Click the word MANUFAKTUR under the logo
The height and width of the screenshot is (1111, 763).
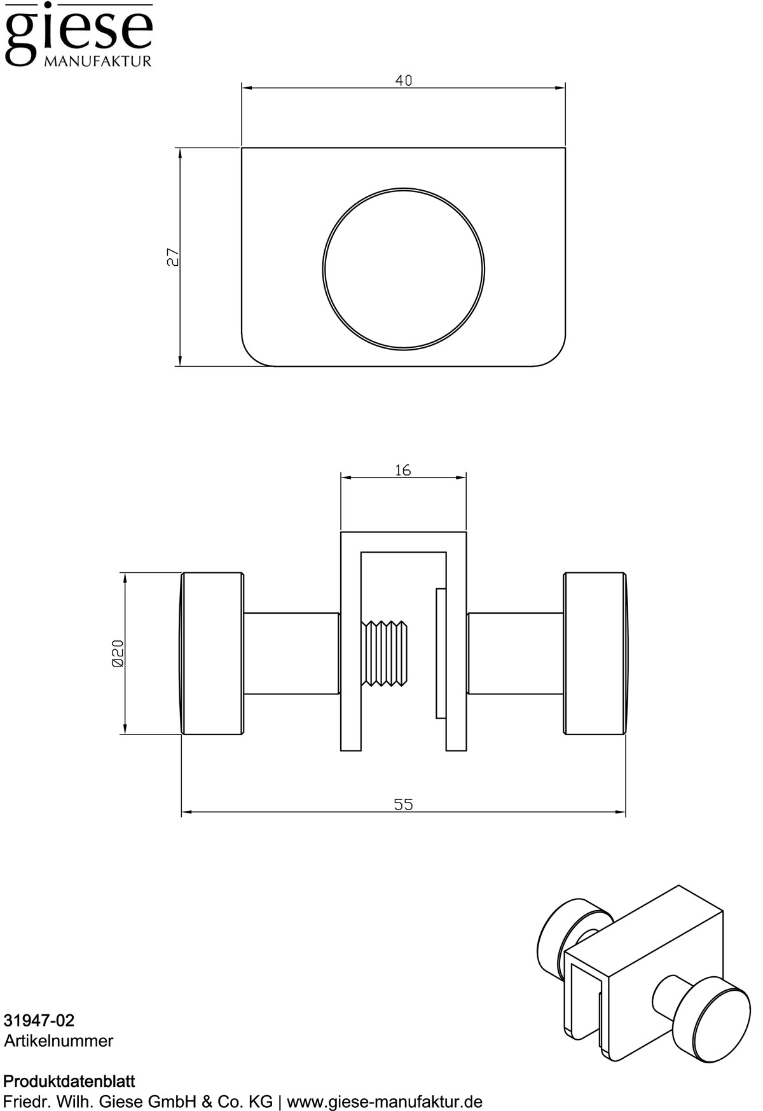point(97,62)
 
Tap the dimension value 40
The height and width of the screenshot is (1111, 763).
point(403,81)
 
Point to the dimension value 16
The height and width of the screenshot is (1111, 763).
point(403,470)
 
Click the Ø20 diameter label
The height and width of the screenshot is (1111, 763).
point(117,653)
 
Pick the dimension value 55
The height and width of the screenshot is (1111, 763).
point(403,804)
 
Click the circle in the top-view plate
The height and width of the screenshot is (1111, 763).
point(403,268)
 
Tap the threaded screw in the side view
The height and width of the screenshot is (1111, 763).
point(385,654)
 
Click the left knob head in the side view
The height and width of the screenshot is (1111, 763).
point(212,654)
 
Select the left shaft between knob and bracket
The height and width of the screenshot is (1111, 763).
point(291,654)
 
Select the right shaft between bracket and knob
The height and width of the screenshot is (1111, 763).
point(515,654)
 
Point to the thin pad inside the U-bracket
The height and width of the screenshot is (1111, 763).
point(440,654)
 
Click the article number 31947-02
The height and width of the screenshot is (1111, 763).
point(39,1021)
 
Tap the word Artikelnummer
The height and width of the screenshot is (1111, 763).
point(58,1041)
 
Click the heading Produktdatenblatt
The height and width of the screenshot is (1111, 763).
point(69,1081)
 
